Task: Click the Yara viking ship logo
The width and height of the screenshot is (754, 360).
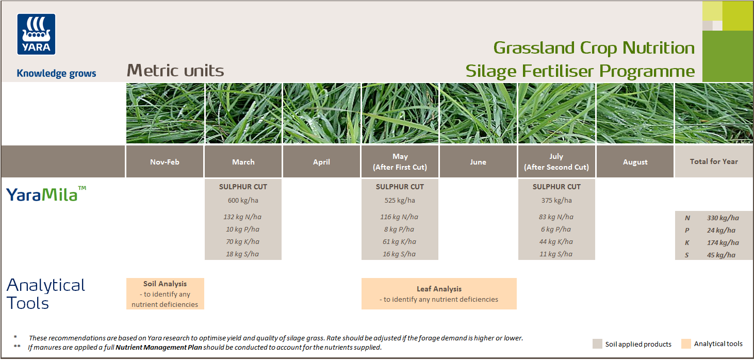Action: click(36, 34)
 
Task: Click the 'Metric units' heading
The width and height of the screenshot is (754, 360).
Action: click(175, 71)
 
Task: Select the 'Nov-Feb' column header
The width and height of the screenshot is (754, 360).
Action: click(165, 162)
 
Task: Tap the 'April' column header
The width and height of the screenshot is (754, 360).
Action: click(321, 162)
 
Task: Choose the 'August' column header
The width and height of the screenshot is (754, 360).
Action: click(635, 162)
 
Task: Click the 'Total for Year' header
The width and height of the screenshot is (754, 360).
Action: click(714, 161)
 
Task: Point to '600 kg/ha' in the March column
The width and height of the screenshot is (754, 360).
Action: click(243, 200)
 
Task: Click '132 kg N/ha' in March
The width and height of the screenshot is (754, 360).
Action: click(243, 217)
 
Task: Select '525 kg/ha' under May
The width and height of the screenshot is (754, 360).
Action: click(400, 200)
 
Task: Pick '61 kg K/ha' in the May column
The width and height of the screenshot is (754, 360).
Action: click(400, 241)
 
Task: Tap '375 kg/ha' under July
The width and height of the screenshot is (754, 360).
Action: click(556, 200)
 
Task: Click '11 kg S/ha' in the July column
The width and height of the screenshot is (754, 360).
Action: click(556, 254)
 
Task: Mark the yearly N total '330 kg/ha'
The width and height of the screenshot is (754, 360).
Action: click(723, 218)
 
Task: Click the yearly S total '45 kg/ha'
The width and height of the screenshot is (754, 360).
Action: click(721, 255)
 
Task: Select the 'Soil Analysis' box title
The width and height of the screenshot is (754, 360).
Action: click(165, 284)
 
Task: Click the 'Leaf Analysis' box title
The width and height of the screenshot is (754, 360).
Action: click(439, 289)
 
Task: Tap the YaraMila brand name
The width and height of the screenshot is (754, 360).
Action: click(42, 194)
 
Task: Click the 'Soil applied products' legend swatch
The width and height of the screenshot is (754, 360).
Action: click(597, 344)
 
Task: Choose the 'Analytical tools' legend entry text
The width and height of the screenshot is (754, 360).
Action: click(718, 344)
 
